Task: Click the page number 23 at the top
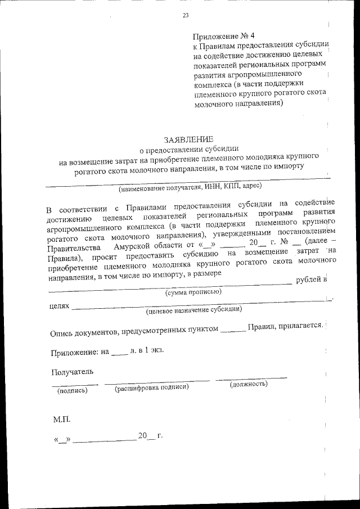[x=185, y=15]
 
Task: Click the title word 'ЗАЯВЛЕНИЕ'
[x=188, y=139]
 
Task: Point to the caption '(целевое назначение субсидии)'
[x=194, y=310]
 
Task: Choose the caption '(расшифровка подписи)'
[x=151, y=388]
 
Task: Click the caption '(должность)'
[x=248, y=384]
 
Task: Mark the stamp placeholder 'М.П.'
[x=62, y=420]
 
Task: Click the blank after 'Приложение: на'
[x=120, y=353]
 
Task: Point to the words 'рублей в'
[x=311, y=280]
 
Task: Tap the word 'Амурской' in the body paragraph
[x=133, y=247]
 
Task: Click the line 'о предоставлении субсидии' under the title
[x=188, y=150]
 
